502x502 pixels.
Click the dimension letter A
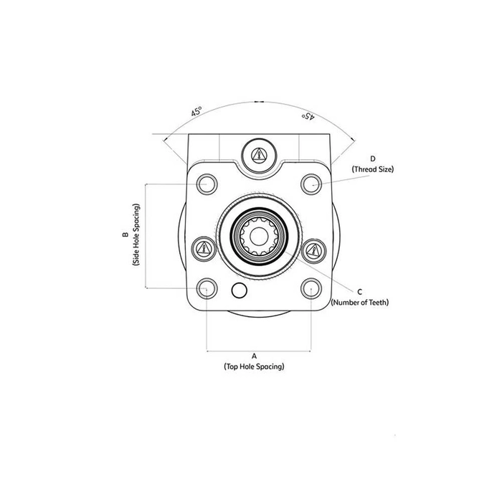pyautogui.click(x=255, y=356)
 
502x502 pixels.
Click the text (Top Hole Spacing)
pyautogui.click(x=254, y=366)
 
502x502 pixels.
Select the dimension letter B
pyautogui.click(x=126, y=235)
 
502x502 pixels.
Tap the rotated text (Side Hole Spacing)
pyautogui.click(x=136, y=235)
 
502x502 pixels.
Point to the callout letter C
pyautogui.click(x=360, y=292)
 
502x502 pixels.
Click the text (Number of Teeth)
pyautogui.click(x=360, y=302)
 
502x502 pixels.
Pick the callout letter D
pyautogui.click(x=373, y=158)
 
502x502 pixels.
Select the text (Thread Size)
pyautogui.click(x=373, y=169)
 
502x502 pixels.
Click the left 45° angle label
pyautogui.click(x=196, y=111)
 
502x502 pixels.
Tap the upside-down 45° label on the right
pyautogui.click(x=308, y=116)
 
